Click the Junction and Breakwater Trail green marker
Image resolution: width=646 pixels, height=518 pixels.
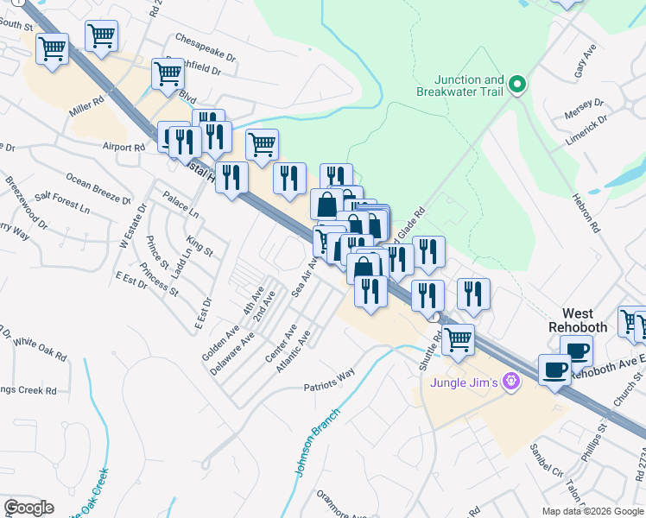517,84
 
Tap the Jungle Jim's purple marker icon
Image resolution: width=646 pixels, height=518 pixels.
510,380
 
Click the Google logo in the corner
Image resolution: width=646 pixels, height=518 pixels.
28,508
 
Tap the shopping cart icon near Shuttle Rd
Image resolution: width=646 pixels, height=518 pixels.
457,338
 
